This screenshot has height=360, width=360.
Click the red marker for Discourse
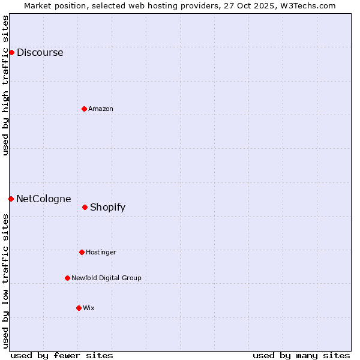tap(11, 52)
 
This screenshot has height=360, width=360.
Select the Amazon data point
tap(84, 109)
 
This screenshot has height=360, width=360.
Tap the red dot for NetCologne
tap(11, 199)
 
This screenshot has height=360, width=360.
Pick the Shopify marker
tap(85, 207)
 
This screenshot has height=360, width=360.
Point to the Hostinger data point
tap(82, 252)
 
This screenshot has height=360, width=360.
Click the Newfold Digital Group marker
tap(67, 278)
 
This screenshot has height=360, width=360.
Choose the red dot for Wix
tap(79, 308)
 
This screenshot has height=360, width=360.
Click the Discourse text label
tap(40, 52)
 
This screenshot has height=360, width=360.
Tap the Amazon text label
tap(101, 109)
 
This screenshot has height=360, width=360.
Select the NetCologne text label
tap(43, 199)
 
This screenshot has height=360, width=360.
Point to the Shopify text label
tap(107, 207)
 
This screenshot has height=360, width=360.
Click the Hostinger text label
tap(101, 252)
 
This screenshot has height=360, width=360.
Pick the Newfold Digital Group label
tap(106, 278)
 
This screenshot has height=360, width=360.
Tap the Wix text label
tap(89, 308)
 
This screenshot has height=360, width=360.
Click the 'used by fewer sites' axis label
tap(62, 355)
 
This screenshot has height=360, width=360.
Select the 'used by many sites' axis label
tap(301, 355)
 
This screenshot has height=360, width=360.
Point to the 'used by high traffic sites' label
tap(6, 86)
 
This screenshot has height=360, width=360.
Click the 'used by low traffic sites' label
tap(6, 280)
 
